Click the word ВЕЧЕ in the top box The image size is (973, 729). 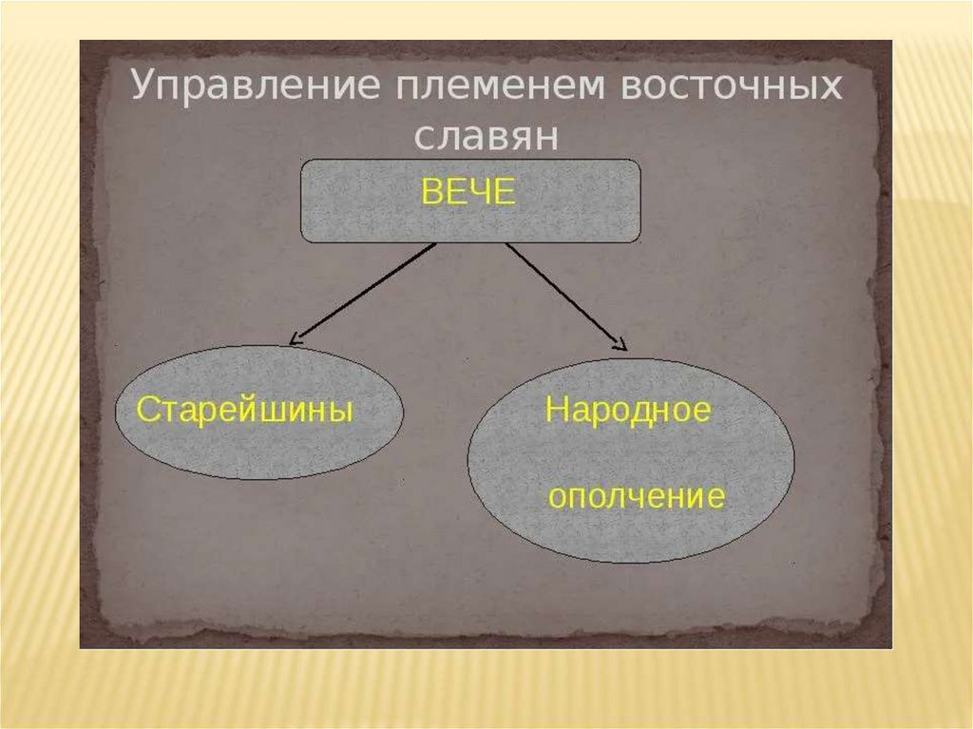click(x=467, y=193)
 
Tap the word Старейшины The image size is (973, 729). click(x=245, y=412)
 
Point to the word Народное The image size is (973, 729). click(x=627, y=412)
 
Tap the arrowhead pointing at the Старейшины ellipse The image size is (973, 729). click(x=296, y=338)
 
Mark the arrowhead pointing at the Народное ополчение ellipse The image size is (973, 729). click(x=620, y=347)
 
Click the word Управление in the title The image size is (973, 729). click(x=240, y=87)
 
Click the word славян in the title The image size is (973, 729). click(x=485, y=136)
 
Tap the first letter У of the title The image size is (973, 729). click(x=140, y=86)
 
